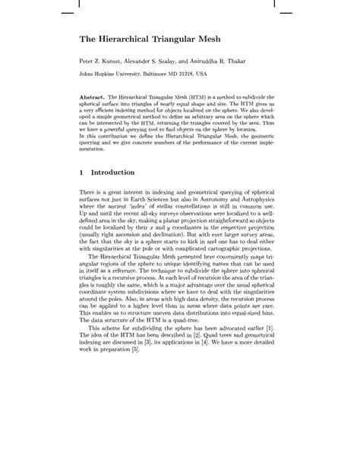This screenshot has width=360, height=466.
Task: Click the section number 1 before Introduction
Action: pos(82,173)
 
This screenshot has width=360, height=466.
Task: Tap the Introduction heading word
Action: pos(117,173)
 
